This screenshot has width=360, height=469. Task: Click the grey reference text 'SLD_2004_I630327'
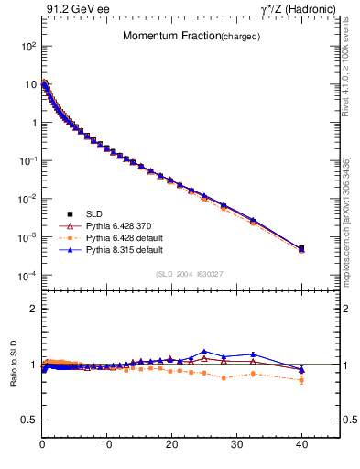click(x=191, y=273)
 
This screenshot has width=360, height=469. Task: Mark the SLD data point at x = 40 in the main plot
click(x=301, y=248)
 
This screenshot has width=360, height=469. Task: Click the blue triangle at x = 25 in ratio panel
click(x=204, y=351)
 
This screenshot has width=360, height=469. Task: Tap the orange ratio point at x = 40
click(x=301, y=379)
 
